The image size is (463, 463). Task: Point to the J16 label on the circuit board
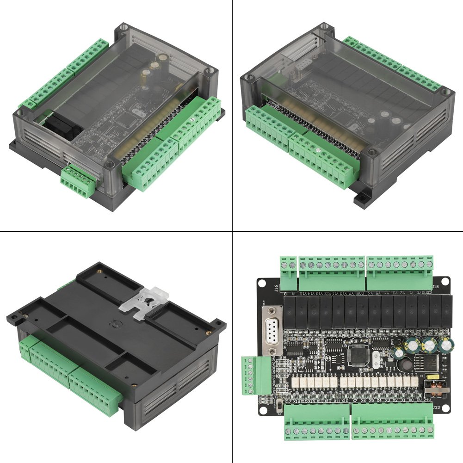coord(276,289)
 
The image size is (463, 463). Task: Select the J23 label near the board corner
coord(437,407)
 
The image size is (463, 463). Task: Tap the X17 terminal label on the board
coord(288,401)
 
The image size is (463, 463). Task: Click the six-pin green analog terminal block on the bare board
coord(250,375)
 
